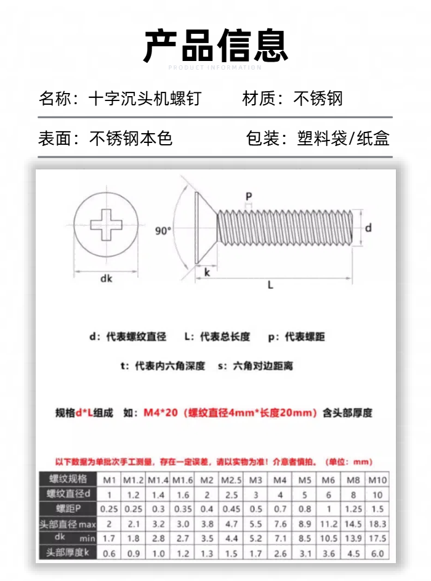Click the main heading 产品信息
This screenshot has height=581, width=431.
click(216, 46)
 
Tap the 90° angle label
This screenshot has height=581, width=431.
click(163, 231)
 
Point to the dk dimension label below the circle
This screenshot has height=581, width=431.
click(107, 278)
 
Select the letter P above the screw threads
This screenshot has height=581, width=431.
click(249, 197)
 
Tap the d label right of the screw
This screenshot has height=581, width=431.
click(368, 228)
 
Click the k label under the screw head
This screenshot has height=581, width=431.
click(207, 271)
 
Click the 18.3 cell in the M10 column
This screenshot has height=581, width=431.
click(377, 524)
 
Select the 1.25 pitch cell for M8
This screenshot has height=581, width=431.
click(353, 509)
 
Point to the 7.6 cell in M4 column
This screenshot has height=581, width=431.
click(280, 524)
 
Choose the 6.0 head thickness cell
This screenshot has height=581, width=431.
click(377, 553)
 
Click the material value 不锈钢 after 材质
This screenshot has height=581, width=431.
click(318, 99)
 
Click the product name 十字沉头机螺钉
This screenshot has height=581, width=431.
click(145, 99)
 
